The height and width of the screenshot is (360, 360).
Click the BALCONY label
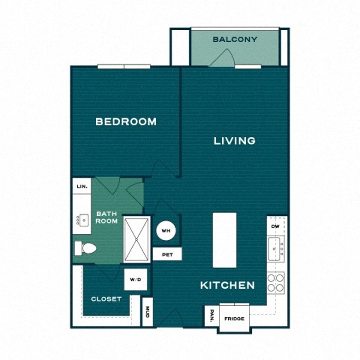click(235, 39)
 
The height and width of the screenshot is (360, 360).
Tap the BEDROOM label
click(125, 121)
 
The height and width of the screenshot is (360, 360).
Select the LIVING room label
click(234, 140)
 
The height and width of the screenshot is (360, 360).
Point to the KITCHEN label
click(227, 286)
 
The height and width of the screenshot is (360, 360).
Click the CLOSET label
click(106, 298)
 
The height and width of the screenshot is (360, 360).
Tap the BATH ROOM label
click(106, 218)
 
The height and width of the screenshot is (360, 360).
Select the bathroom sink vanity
click(82, 220)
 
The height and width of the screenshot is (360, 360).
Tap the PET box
click(166, 255)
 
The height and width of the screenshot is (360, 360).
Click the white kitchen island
click(224, 239)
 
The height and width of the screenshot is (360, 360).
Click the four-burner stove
click(276, 282)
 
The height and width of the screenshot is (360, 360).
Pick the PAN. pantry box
click(212, 316)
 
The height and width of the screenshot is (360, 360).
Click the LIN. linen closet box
click(82, 186)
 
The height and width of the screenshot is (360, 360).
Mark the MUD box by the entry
click(147, 311)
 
